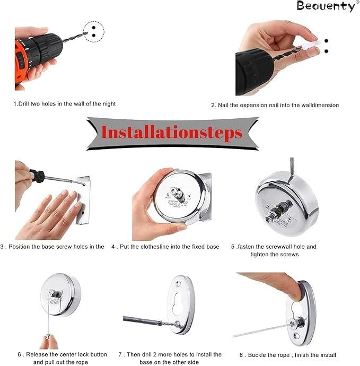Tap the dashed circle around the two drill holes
(94, 30)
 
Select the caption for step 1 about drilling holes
(65, 104)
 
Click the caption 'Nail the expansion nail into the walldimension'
(275, 105)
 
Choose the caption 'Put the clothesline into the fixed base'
(165, 247)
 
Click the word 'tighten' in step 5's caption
(262, 255)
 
